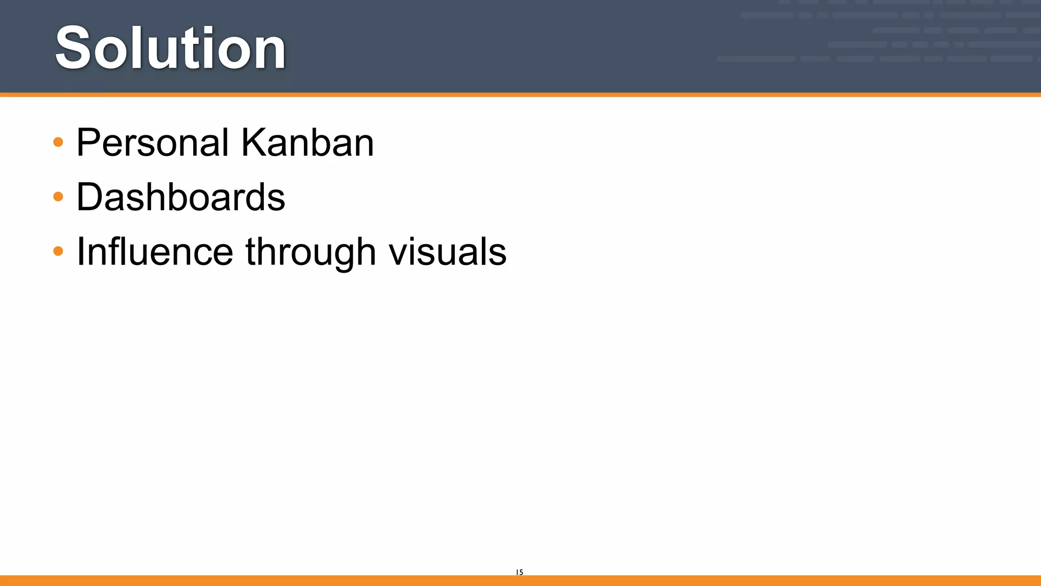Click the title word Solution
tap(170, 48)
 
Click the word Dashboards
tap(180, 197)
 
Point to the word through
tap(311, 252)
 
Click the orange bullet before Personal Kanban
tap(58, 142)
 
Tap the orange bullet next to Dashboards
tap(58, 196)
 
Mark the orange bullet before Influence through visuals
tap(58, 251)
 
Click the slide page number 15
tap(519, 572)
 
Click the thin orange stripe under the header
tap(520, 95)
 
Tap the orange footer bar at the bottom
tap(520, 580)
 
